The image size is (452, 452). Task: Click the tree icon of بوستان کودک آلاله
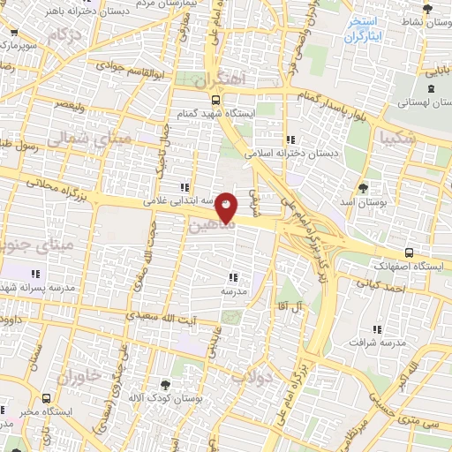pos(165,383)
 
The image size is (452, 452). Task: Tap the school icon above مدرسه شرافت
pos(378,328)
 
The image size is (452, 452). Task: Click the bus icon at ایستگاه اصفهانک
pos(408,251)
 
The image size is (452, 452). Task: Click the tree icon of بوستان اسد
pos(363,188)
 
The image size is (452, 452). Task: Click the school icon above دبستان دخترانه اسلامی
pos(290,139)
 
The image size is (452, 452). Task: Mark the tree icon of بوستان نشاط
pos(428,9)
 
